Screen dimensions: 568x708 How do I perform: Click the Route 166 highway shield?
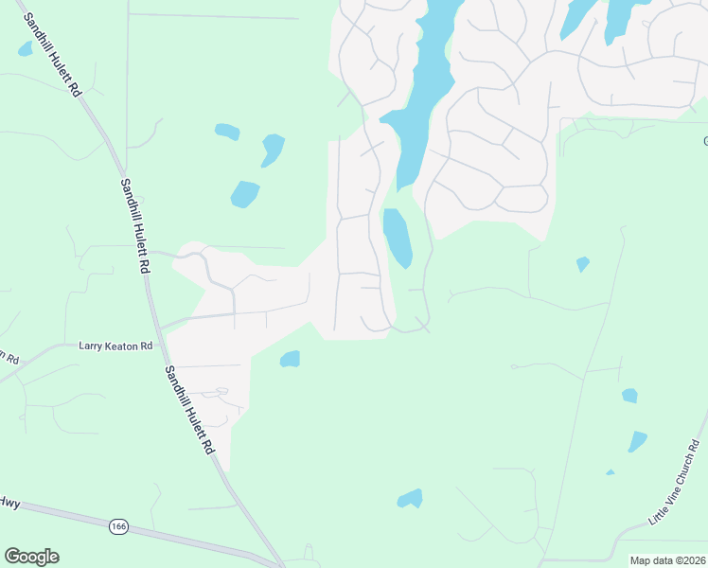[118, 526]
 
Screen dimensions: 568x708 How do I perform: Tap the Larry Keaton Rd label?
[115, 346]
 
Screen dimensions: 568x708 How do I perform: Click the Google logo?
[31, 557]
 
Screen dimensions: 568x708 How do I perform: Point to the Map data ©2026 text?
[667, 560]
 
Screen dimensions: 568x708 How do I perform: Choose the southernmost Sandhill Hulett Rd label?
[188, 411]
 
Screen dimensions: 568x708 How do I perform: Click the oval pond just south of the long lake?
[397, 238]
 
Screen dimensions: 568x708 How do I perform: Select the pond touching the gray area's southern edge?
[290, 359]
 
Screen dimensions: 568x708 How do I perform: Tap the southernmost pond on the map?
[410, 498]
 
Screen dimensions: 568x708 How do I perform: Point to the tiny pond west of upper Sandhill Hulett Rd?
[25, 48]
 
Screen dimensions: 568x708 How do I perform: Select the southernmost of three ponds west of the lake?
[244, 194]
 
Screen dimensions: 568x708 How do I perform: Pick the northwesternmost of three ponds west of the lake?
[227, 131]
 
